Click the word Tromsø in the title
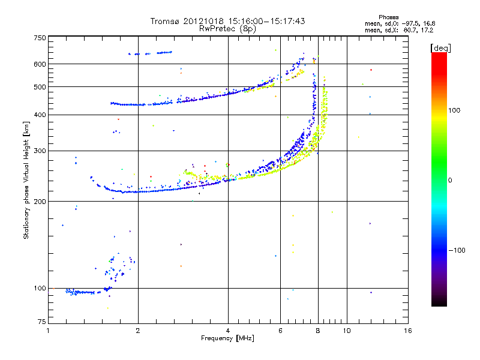[x=166, y=21]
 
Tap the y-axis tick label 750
[x=40, y=38]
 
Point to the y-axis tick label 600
[x=40, y=64]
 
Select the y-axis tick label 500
[x=40, y=87]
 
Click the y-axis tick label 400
[x=40, y=115]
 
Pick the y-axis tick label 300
[x=40, y=151]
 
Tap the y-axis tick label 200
[x=40, y=201]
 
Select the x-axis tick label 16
[x=407, y=331]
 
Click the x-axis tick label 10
[x=346, y=331]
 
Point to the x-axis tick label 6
[x=280, y=331]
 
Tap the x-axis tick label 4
[x=228, y=331]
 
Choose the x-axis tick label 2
[x=138, y=331]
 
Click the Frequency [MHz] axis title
[x=227, y=338]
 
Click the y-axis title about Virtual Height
[x=26, y=181]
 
